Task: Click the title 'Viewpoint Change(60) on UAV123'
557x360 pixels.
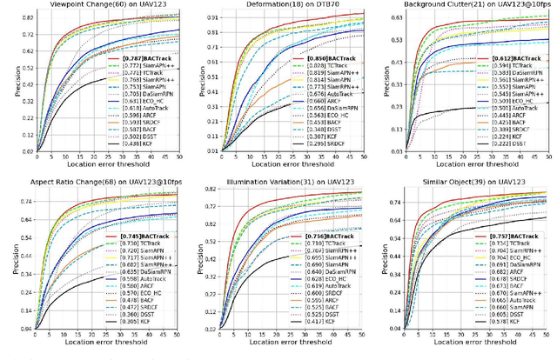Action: (98, 5)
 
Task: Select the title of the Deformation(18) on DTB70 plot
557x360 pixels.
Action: (283, 5)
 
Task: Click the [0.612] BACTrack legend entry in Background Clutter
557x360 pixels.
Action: (507, 59)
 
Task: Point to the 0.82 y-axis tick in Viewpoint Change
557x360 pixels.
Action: (28, 17)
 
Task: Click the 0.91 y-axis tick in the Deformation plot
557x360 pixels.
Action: (211, 17)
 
